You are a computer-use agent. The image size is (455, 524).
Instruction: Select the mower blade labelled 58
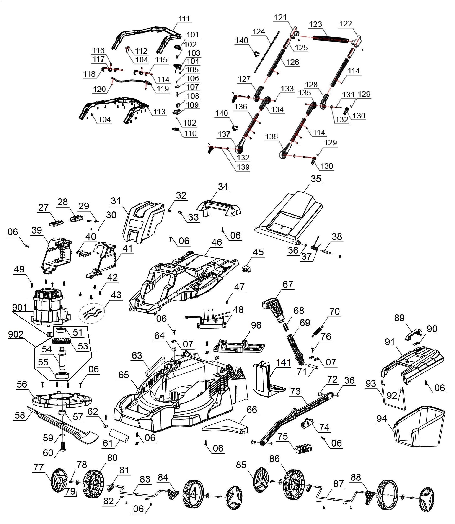click(x=63, y=426)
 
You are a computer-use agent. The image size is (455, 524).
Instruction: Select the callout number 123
click(x=316, y=24)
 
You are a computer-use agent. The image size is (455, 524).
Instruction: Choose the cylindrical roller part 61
click(x=119, y=436)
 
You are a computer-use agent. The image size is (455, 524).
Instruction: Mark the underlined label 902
click(x=16, y=334)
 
